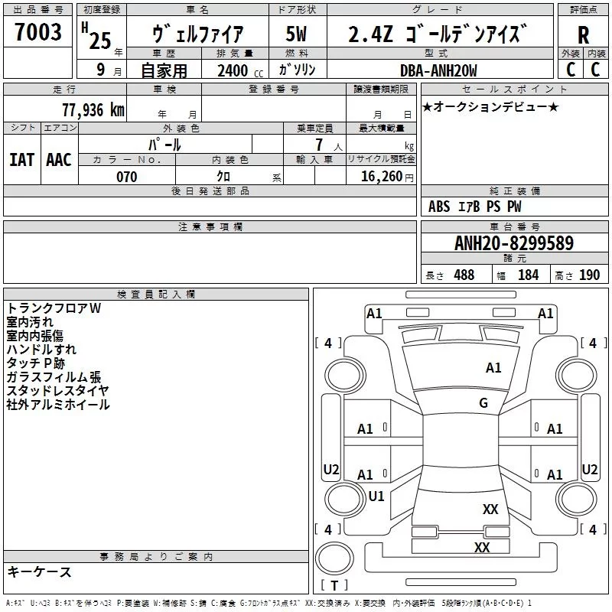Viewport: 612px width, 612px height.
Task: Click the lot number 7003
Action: (38, 33)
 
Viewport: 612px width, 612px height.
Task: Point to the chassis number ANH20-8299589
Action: (514, 243)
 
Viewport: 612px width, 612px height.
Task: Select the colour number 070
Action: (126, 177)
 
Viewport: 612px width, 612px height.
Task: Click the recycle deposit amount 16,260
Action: (379, 177)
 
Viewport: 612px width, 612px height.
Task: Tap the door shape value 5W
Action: (296, 34)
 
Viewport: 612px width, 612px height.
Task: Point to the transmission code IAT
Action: (21, 159)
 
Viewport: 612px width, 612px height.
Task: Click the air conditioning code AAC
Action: (59, 159)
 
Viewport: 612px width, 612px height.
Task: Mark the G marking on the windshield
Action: (483, 403)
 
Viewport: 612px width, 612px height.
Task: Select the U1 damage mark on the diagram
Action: (376, 496)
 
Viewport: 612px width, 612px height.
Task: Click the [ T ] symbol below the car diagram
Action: (334, 586)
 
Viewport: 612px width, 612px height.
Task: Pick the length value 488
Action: (464, 275)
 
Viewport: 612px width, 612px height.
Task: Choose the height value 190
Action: (589, 275)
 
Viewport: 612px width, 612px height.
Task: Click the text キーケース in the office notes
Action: (39, 571)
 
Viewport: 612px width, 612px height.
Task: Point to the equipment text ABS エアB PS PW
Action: (474, 207)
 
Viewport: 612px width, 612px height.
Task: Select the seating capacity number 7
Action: (318, 145)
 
